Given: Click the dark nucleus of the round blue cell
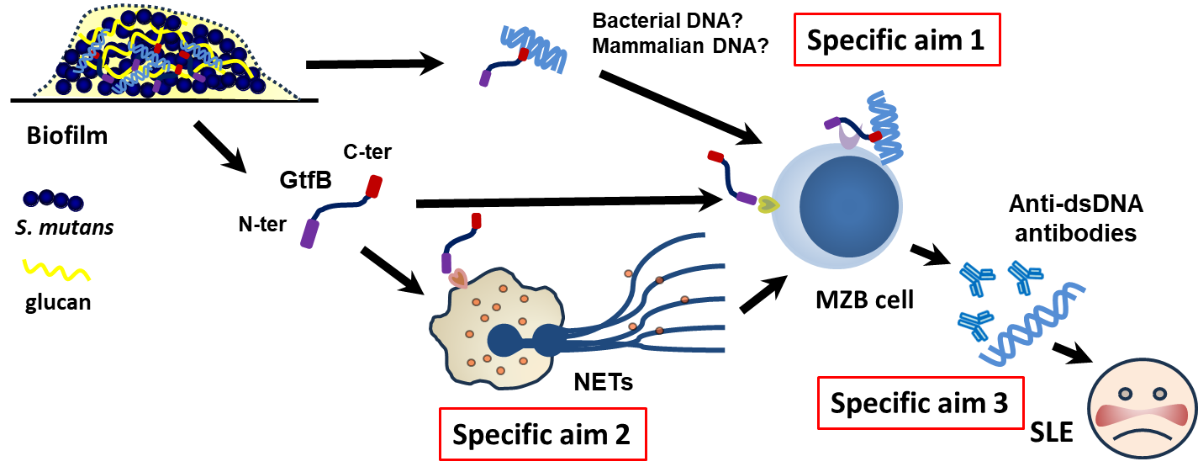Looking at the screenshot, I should pos(849,206).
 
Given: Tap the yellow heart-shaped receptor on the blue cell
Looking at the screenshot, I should pos(768,204).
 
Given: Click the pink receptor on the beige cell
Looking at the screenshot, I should pos(458,278).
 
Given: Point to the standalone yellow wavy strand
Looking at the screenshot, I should pos(56,270).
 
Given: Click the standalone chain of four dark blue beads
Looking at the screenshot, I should pos(53,200).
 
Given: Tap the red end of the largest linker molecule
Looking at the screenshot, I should pos(373,186).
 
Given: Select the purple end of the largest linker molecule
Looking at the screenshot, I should pos(309,234).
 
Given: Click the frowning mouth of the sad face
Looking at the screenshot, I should pos(1142,435).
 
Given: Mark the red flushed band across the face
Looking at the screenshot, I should pos(1142,415).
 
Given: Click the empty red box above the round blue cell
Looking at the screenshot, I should pos(897,40).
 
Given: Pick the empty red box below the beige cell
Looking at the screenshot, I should pos(542,434).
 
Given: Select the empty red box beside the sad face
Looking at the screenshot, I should pos(921,403).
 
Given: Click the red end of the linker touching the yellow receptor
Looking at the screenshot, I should pos(715,156).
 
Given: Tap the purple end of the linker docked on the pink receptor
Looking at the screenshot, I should pos(446,263).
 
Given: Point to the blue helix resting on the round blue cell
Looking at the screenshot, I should pos(886,126).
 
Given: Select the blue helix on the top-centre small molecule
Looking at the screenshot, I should pos(534,47).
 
